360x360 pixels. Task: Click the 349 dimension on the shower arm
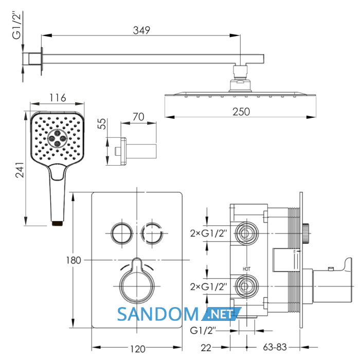tap(141, 30)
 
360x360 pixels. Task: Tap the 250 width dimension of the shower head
tap(241, 112)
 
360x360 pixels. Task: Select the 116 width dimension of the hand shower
tap(58, 98)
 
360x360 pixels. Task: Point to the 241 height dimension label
tap(20, 170)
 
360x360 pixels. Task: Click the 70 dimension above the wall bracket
tap(138, 117)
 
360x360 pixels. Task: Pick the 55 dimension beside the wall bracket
tap(102, 124)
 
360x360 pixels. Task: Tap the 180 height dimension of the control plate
tap(74, 260)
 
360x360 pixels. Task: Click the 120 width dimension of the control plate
tap(138, 349)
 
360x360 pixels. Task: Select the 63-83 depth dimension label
tap(275, 347)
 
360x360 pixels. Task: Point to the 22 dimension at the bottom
tap(206, 348)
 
